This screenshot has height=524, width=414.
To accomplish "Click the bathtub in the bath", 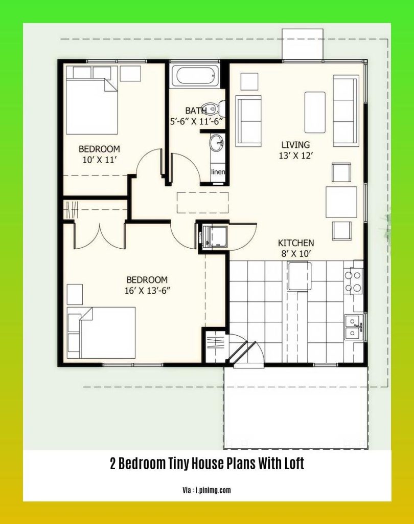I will click(195, 76).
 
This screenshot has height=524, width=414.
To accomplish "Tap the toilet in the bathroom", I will click(219, 108).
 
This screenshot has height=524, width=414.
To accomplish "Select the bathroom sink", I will click(217, 143).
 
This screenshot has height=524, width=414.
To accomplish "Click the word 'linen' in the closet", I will click(218, 172).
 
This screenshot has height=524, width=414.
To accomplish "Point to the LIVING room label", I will click(295, 145).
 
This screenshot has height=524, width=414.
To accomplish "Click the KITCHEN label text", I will click(295, 243).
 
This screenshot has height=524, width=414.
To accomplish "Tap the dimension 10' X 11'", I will click(99, 160).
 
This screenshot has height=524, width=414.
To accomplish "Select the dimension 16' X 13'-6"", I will click(147, 291).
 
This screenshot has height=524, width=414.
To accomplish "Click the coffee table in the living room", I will click(315, 112).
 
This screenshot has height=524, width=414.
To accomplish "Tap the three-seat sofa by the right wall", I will click(346, 111).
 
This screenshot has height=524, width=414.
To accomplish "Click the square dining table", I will click(341, 202).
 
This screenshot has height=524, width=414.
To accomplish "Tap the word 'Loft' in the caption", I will click(294, 464).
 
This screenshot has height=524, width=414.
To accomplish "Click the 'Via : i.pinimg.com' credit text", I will click(206, 490).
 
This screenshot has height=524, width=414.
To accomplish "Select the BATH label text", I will click(196, 110).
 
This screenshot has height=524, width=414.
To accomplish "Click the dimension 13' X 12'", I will click(295, 156).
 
